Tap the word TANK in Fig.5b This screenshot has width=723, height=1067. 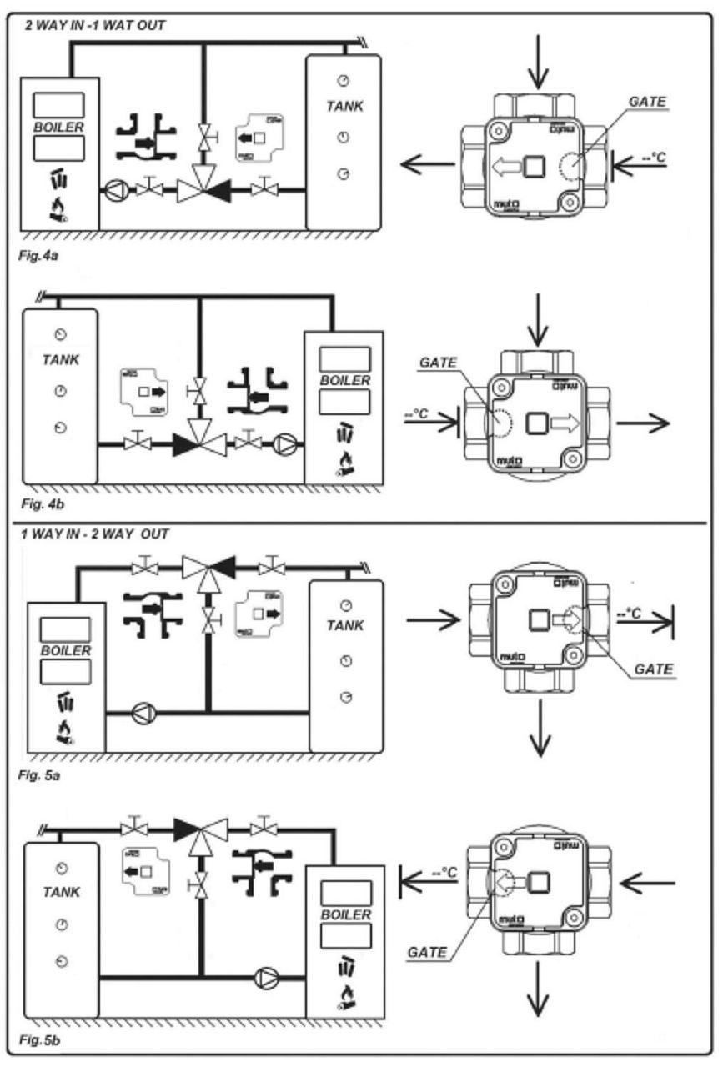tap(61, 892)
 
